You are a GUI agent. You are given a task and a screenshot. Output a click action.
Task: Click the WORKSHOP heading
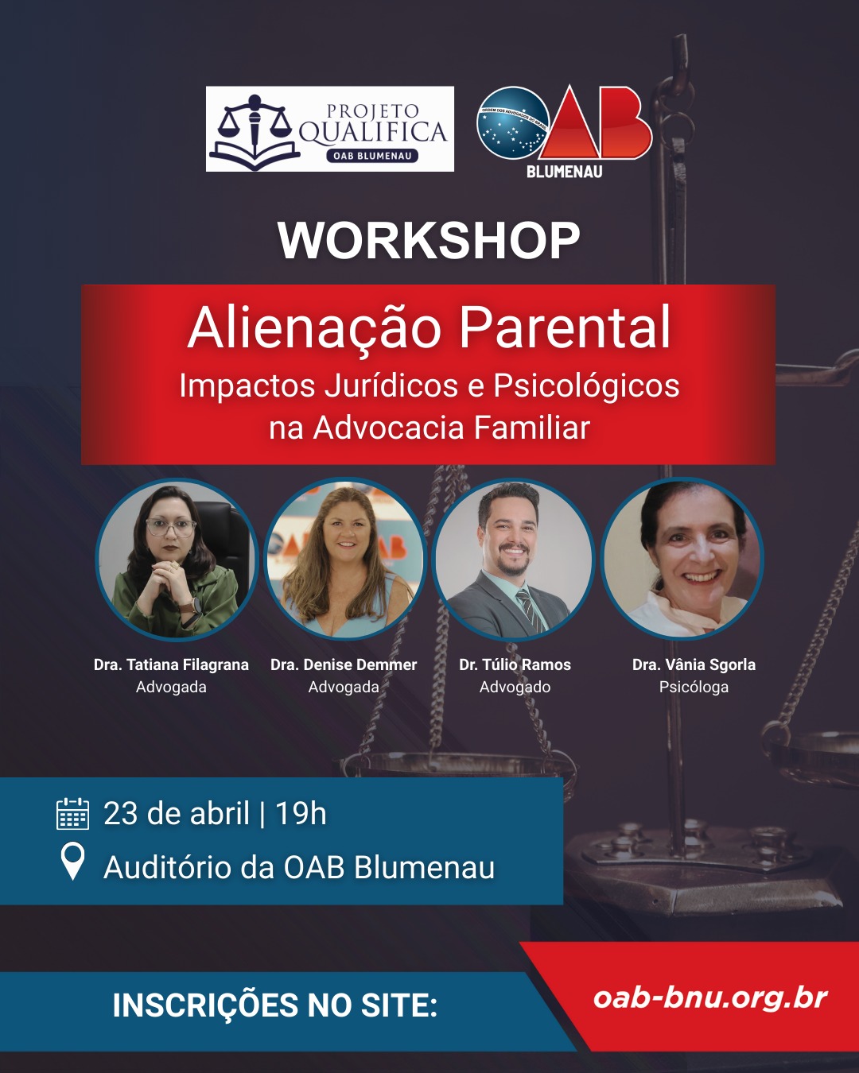coord(429,240)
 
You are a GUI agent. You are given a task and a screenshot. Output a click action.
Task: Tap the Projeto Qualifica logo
coord(329,129)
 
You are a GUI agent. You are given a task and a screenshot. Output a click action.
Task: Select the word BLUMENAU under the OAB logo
coord(564,171)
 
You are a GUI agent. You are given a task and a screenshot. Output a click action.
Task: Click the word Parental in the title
coord(565,327)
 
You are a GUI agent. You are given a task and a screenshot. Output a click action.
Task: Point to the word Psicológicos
coord(586,385)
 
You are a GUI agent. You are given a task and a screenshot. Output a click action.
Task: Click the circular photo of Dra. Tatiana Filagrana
coord(177,559)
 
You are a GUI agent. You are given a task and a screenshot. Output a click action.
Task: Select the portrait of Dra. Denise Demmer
coord(344,559)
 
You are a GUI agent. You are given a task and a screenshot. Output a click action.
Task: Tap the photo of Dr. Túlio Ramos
coord(513,559)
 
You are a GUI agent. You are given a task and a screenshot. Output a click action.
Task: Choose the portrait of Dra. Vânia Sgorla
coord(682,559)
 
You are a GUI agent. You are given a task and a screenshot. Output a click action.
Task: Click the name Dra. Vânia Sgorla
coord(694,664)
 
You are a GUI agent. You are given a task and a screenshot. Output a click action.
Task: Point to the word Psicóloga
coord(694,687)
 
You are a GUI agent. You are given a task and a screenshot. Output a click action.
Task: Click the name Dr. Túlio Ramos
coord(515,664)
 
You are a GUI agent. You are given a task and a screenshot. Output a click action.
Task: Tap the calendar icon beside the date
coord(72,814)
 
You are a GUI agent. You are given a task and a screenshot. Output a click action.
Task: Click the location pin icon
coord(73,862)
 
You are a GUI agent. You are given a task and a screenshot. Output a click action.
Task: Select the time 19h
coord(301,814)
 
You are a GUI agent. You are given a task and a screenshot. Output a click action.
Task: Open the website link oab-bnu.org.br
coord(710,997)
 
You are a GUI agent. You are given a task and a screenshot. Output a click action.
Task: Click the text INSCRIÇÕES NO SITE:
coord(275,1005)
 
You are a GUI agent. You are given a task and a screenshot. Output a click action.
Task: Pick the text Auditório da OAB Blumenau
coord(299,867)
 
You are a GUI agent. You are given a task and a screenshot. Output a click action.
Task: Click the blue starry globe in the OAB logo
coord(512,123)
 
